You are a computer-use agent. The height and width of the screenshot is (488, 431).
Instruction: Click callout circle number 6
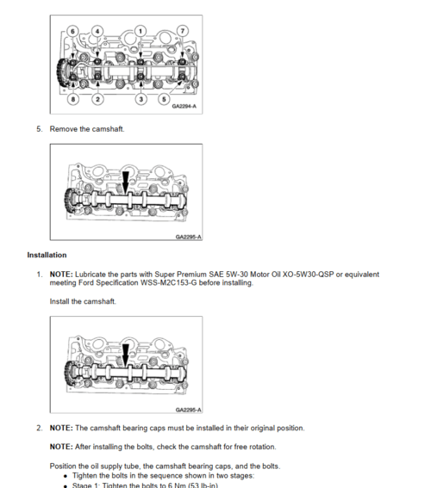[x=72, y=31]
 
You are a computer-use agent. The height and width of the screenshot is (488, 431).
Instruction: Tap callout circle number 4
[x=97, y=31]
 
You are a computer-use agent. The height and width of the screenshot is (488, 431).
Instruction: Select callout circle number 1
[x=141, y=31]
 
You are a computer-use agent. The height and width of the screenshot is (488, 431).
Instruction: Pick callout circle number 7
[x=183, y=31]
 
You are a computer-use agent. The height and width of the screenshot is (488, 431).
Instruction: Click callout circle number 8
[x=73, y=99]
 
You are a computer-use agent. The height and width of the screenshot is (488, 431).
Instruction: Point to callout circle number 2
[x=97, y=99]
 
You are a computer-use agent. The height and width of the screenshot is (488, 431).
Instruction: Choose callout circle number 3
[x=141, y=99]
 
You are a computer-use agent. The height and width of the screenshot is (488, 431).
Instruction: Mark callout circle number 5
[x=164, y=99]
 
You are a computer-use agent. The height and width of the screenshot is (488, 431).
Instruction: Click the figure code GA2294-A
[x=184, y=107]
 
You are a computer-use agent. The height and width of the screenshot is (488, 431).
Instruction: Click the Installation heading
[x=47, y=255]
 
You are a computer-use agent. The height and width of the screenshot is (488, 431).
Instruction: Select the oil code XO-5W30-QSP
[x=308, y=275]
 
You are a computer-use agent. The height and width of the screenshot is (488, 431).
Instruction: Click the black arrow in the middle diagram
[x=125, y=182]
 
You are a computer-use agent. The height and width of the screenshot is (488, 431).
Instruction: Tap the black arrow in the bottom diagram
[x=125, y=355]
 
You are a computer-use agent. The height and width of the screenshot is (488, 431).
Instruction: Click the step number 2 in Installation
[x=39, y=429]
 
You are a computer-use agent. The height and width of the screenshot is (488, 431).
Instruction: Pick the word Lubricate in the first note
[x=91, y=275]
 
